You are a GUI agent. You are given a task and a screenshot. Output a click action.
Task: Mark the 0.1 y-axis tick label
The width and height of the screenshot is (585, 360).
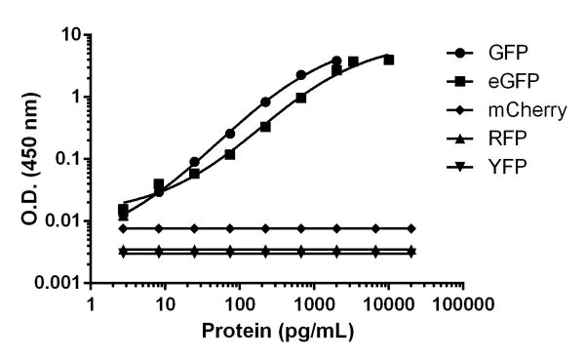(67, 159)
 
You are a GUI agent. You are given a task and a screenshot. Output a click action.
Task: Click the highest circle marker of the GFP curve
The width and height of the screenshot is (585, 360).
(336, 60)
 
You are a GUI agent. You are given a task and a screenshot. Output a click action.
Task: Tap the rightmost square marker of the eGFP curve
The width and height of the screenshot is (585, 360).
(389, 60)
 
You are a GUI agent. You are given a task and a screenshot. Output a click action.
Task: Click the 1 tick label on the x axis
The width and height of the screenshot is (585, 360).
(90, 304)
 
